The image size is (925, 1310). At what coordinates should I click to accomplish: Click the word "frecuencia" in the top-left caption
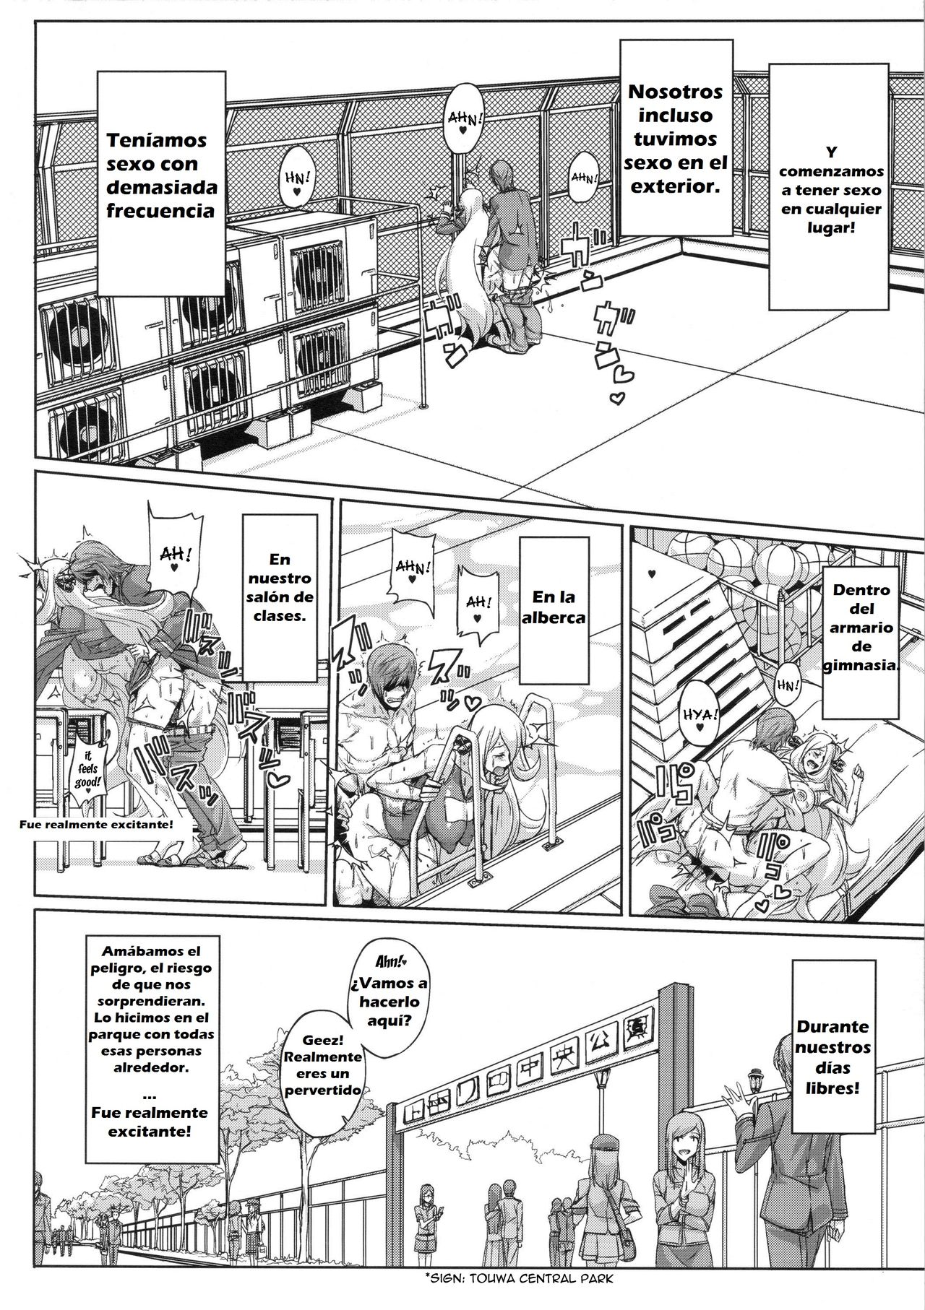tap(162, 210)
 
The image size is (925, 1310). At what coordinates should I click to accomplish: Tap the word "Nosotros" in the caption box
tap(675, 92)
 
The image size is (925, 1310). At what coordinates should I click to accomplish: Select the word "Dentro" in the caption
tap(860, 591)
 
